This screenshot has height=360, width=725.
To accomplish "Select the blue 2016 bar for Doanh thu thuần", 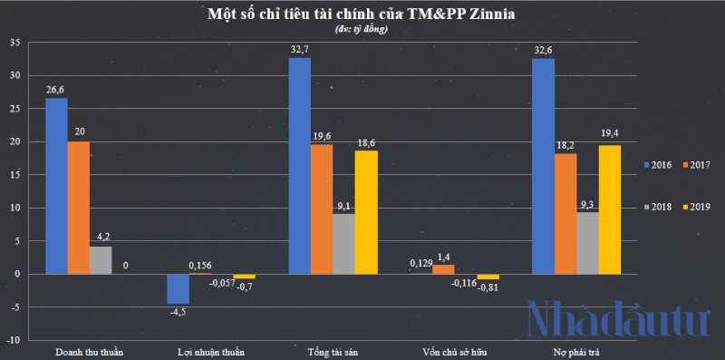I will point(56,185).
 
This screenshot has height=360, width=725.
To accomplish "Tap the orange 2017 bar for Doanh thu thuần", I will point(78,207).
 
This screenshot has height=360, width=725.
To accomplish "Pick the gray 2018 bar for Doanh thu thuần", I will point(100,259).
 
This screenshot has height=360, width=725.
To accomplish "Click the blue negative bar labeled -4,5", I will point(178,288).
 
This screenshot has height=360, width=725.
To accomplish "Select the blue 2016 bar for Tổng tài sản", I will point(299,165).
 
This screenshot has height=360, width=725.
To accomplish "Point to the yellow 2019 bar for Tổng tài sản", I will point(366,212).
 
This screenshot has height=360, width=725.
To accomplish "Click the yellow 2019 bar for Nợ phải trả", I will point(610,209).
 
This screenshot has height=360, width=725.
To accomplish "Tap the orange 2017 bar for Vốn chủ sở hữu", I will point(443,268).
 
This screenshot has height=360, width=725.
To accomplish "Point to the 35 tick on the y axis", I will point(13,43).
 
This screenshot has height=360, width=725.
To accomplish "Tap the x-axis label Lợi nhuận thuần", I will point(211,351).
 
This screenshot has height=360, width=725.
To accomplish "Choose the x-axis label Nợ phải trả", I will point(575,351).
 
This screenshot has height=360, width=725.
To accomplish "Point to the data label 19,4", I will point(610,136).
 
